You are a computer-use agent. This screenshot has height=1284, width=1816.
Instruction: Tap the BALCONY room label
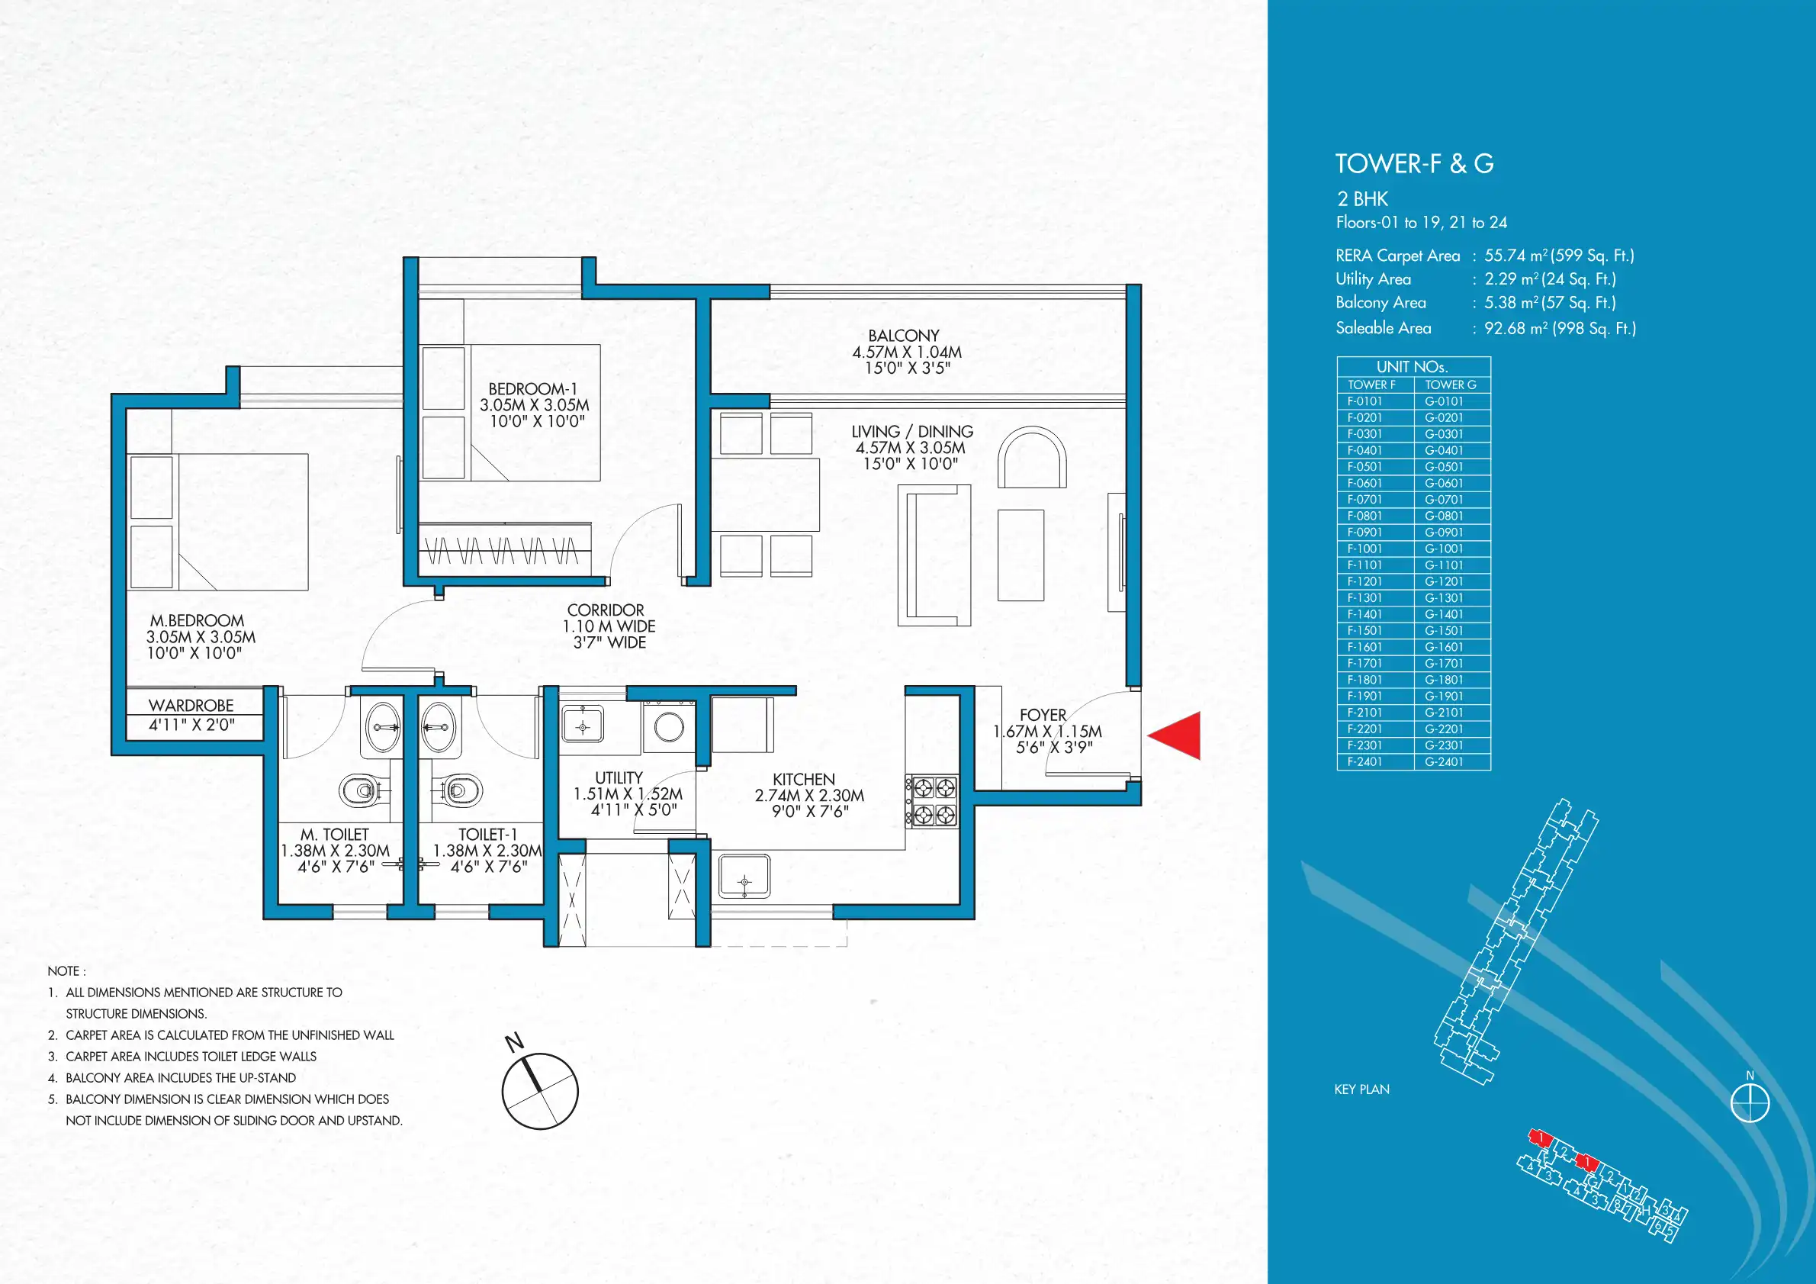(904, 336)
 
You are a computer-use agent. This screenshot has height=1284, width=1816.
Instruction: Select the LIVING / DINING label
(912, 431)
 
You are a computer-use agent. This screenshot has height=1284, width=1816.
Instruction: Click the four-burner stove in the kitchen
(934, 800)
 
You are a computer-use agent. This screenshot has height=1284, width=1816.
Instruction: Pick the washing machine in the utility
(668, 726)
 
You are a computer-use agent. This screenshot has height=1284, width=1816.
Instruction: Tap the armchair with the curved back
(1031, 458)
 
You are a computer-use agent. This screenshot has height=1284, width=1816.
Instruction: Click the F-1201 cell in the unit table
(1375, 581)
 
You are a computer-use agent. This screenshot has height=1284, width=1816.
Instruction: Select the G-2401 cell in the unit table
(1452, 762)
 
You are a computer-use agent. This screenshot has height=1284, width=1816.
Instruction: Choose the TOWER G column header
(1452, 385)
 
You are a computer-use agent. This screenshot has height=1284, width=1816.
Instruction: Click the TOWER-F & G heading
(1414, 164)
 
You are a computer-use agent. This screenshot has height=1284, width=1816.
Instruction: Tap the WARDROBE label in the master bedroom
(191, 705)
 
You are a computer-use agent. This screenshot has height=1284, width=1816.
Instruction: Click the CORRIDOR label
(606, 610)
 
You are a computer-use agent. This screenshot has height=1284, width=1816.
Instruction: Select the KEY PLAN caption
(1362, 1089)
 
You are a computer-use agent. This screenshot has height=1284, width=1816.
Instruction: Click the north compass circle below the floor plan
(540, 1091)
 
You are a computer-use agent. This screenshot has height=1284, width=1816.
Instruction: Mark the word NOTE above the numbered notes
(63, 971)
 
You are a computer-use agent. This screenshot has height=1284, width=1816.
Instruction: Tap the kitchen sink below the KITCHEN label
(744, 877)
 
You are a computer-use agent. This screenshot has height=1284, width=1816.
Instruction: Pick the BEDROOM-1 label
(533, 388)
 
